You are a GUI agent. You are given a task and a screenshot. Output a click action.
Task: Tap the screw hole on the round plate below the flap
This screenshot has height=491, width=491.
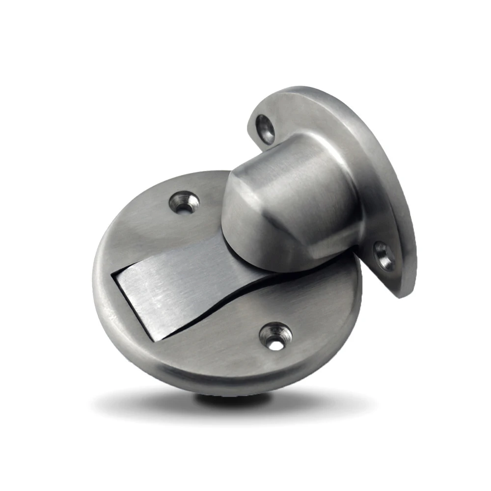(x=276, y=337)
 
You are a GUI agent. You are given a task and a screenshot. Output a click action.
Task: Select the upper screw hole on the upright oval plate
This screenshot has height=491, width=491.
(x=266, y=129)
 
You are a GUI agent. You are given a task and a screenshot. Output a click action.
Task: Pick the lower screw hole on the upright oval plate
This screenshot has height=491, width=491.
(x=383, y=255)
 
